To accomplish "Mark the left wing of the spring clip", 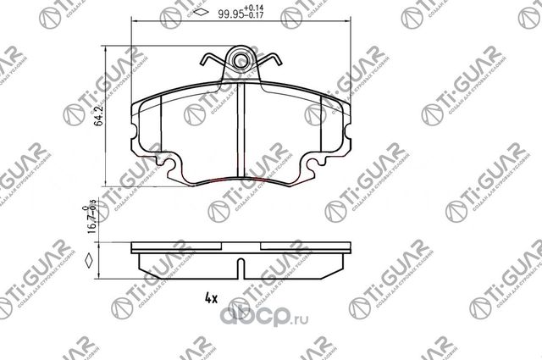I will click(210, 62).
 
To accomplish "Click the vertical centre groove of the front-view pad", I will click(244, 136).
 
